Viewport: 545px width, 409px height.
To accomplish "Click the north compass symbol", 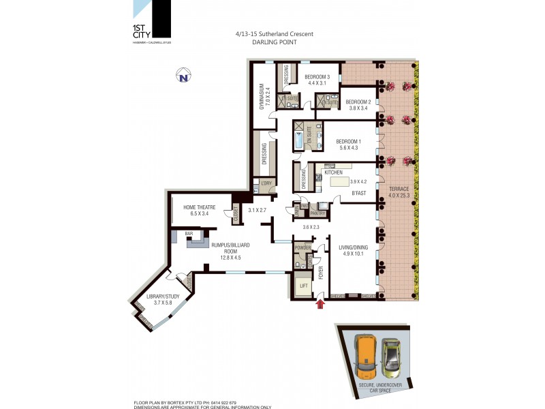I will [183, 75].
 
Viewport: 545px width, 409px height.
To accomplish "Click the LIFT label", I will [303, 286].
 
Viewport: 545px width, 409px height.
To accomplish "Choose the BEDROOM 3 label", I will [317, 76].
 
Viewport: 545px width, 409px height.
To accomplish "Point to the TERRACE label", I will [399, 188].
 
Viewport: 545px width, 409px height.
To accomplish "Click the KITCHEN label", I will [334, 172].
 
